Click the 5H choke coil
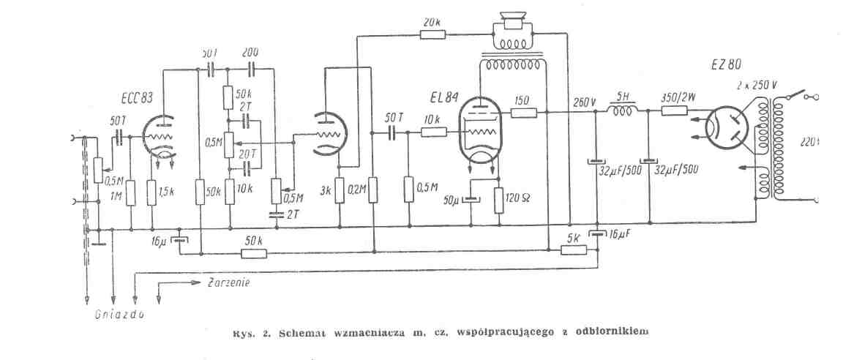point(623,112)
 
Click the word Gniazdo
point(119,315)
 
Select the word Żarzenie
point(229,282)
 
